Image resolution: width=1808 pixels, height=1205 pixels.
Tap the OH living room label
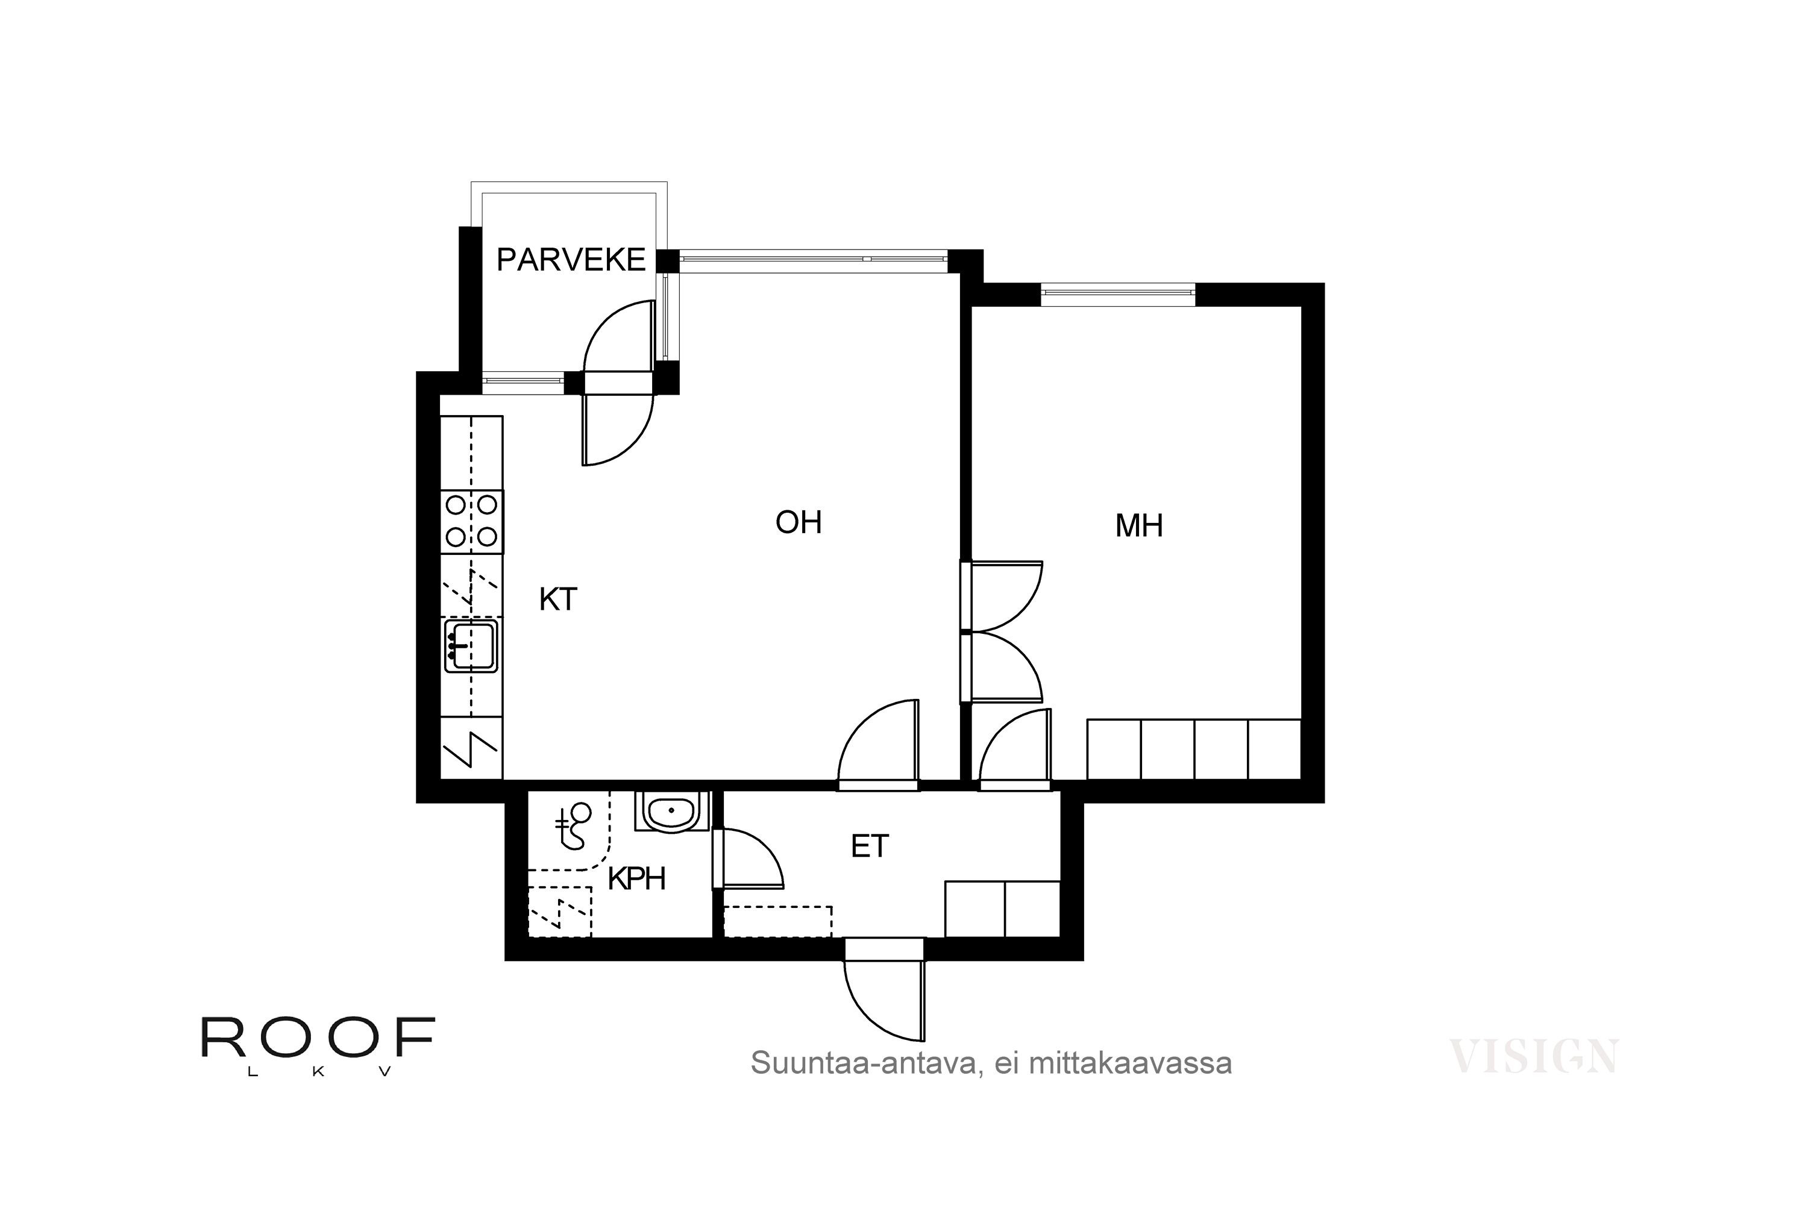pos(799,522)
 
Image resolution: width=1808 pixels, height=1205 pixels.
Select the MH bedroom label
pos(1138,527)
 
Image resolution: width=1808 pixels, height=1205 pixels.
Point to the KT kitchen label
pos(557,599)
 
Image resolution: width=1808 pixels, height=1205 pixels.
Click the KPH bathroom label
pos(636,878)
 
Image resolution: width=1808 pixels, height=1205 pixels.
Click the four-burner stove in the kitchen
pos(472,521)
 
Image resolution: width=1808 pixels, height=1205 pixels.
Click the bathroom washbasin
pos(671,812)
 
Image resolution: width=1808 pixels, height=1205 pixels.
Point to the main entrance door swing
pos(884,999)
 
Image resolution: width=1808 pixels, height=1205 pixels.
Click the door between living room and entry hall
pos(878,744)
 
